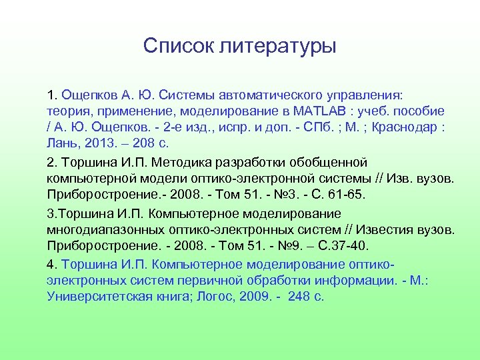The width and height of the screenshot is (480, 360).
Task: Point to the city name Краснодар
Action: [411, 127]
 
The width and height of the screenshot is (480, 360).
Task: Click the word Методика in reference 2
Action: [182, 162]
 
